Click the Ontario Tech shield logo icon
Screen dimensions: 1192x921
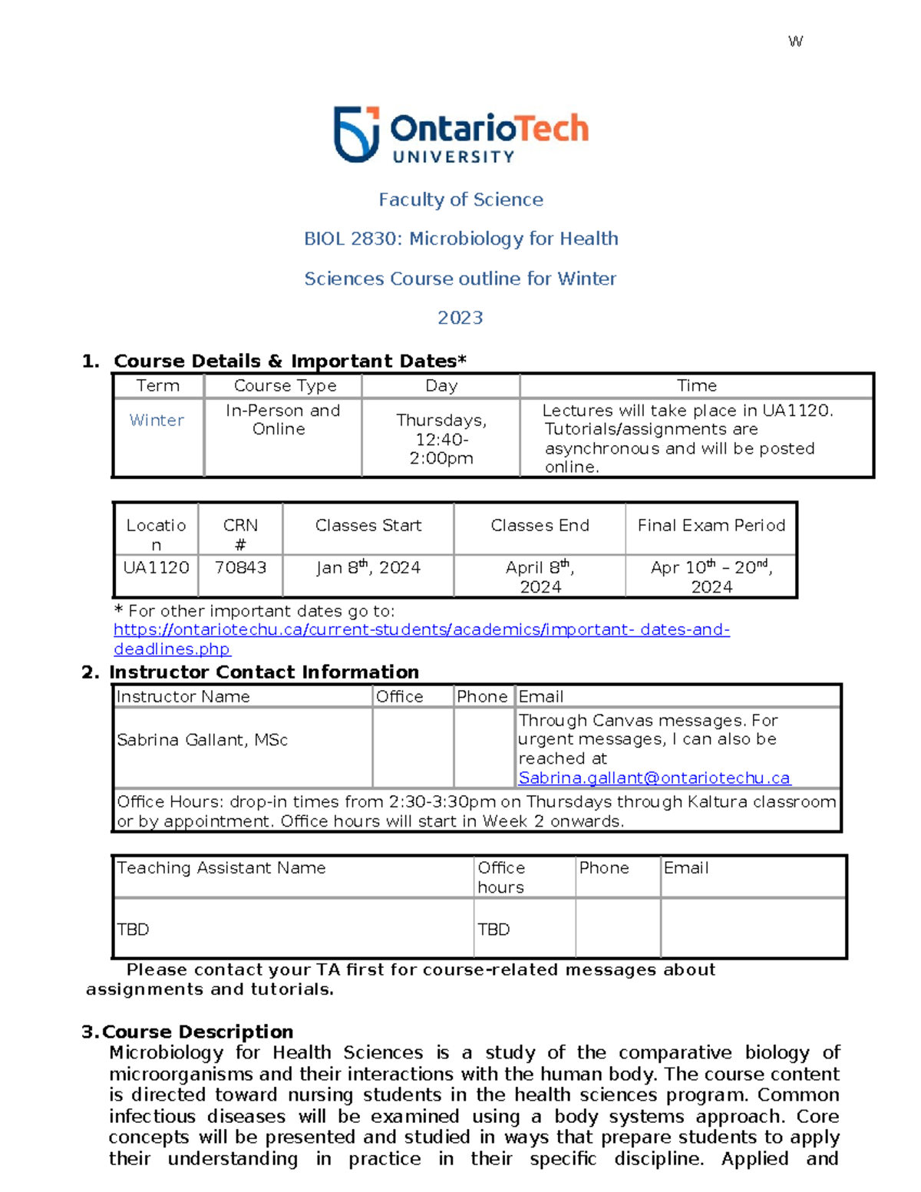tap(356, 134)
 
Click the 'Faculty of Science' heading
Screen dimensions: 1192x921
tap(460, 200)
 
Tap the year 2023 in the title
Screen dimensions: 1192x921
tap(460, 318)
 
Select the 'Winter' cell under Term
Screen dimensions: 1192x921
tap(157, 421)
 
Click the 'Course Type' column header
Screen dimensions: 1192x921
tap(285, 386)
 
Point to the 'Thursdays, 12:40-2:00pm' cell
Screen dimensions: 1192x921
tap(441, 439)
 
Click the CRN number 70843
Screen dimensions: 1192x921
tap(240, 568)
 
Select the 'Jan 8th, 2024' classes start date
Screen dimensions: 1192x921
tap(368, 568)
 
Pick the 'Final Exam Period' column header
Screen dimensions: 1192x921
tap(711, 526)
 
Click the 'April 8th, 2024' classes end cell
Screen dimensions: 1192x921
tap(540, 576)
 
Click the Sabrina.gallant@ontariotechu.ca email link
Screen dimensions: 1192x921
tap(654, 778)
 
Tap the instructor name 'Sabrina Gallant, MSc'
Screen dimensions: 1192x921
tap(203, 740)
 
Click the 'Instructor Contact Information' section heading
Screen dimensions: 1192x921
tap(264, 672)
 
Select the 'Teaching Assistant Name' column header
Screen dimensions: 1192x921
tap(221, 868)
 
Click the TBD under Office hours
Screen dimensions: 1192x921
tap(494, 929)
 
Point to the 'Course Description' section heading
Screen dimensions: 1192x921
tap(197, 1032)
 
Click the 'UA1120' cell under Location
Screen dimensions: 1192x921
tap(157, 568)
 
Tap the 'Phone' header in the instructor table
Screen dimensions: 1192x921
tap(482, 697)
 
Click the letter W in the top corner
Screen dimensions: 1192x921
tap(796, 41)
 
